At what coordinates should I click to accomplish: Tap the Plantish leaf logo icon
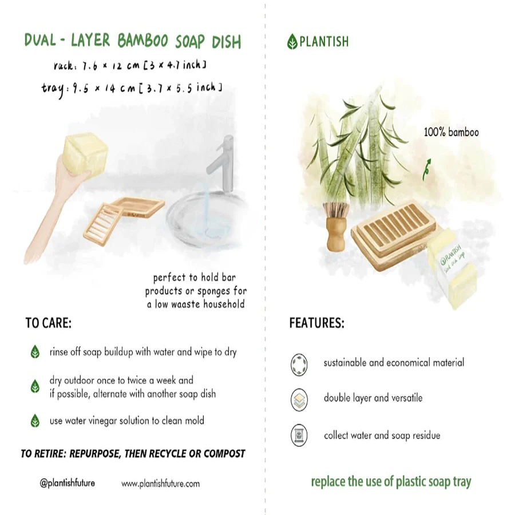tap(292, 42)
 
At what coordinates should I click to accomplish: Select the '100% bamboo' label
tap(451, 133)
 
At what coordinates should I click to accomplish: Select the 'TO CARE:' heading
tap(49, 323)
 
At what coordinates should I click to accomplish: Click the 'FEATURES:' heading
tap(316, 323)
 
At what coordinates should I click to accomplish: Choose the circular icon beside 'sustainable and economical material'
tap(299, 363)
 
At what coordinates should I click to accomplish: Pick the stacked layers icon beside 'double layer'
tap(299, 398)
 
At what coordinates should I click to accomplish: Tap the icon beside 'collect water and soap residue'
tap(299, 435)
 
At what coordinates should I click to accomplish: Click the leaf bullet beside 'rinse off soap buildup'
tap(35, 352)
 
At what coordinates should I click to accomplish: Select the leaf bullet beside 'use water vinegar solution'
tap(35, 421)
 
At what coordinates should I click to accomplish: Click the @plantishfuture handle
tap(68, 483)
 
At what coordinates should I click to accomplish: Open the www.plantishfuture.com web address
tap(161, 484)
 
